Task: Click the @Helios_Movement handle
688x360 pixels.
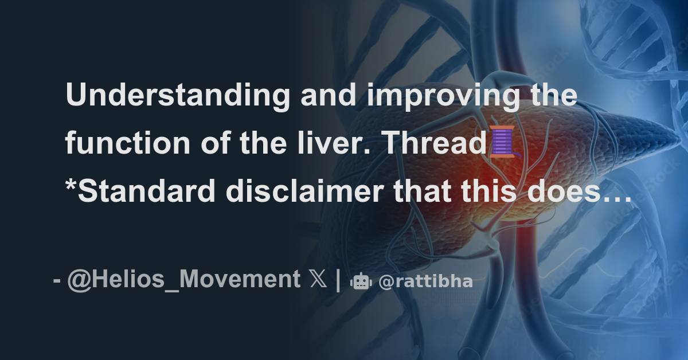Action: pyautogui.click(x=183, y=280)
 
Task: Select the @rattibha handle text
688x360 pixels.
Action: pyautogui.click(x=426, y=281)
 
